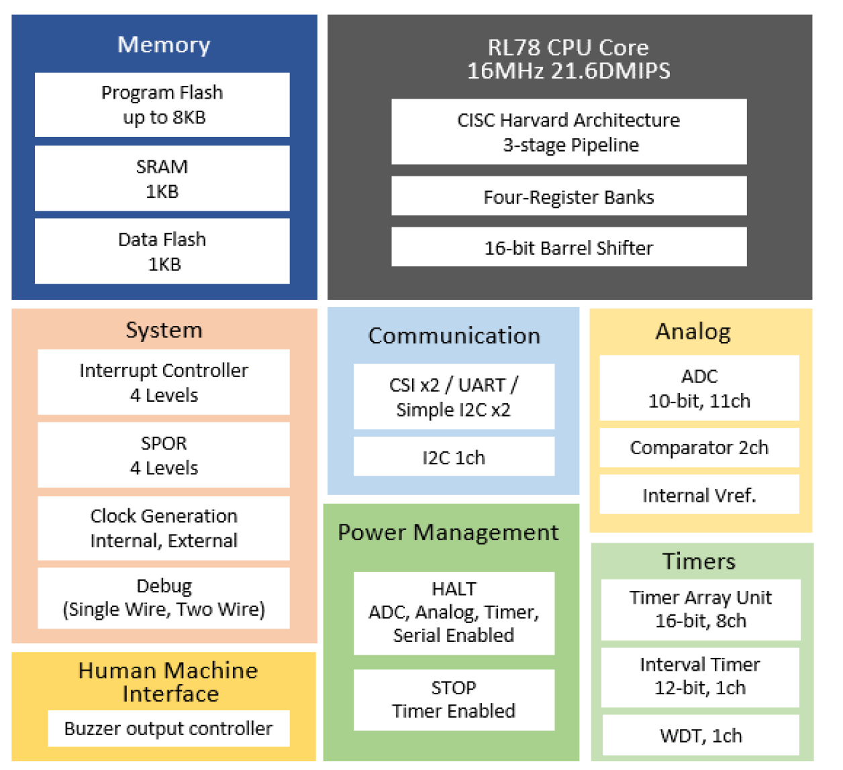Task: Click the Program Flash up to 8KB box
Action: coord(162,105)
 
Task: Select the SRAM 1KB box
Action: coord(162,178)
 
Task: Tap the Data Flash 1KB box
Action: coord(162,252)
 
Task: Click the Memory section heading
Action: coord(164,45)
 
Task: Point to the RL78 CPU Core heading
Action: coord(568,59)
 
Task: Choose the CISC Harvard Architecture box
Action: coord(568,132)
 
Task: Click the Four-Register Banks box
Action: coord(568,197)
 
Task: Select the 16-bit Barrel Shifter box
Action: coord(568,248)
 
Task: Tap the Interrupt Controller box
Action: coord(164,382)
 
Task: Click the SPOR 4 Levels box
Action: coord(164,455)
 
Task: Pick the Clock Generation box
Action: coord(164,529)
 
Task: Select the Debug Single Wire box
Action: coord(164,598)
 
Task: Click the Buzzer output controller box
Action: coord(168,728)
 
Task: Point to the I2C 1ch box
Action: coord(454,457)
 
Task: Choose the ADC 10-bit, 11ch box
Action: coord(699,388)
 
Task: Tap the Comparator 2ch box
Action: coord(699,448)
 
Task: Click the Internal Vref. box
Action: coord(699,495)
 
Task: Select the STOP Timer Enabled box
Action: coord(454,700)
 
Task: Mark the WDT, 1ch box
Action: coord(701,736)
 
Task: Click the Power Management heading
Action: coord(448,533)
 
